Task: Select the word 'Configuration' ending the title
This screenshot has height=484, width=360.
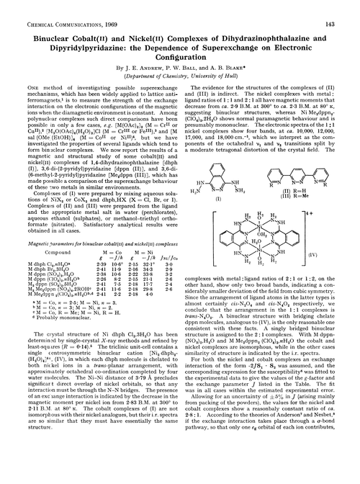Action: pyautogui.click(x=180, y=51)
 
